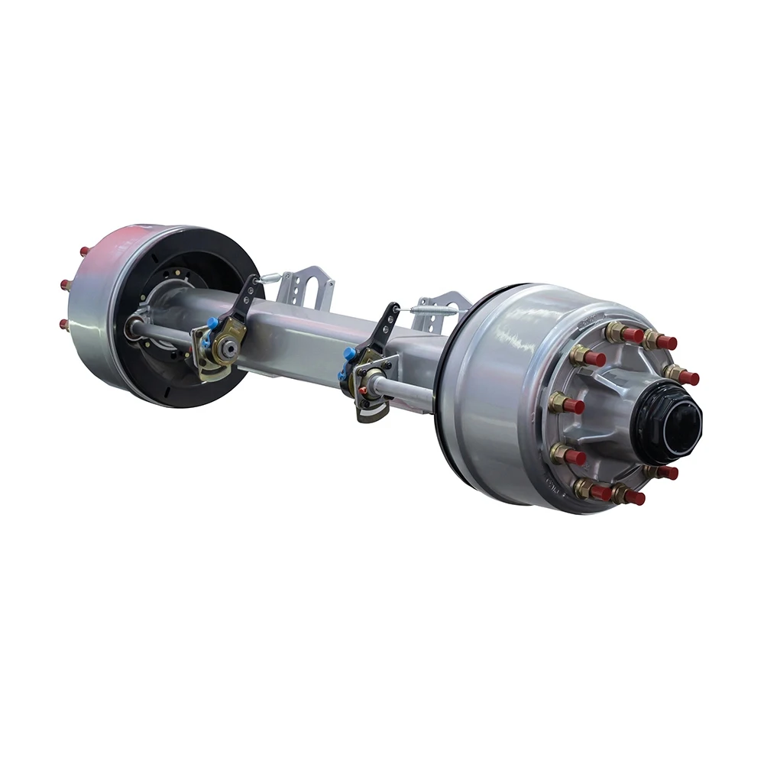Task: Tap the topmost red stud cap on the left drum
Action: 84,251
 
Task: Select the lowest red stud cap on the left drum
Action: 65,324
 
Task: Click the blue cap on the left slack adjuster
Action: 212,323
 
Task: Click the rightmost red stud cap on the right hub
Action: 689,377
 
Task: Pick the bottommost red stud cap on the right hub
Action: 633,498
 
